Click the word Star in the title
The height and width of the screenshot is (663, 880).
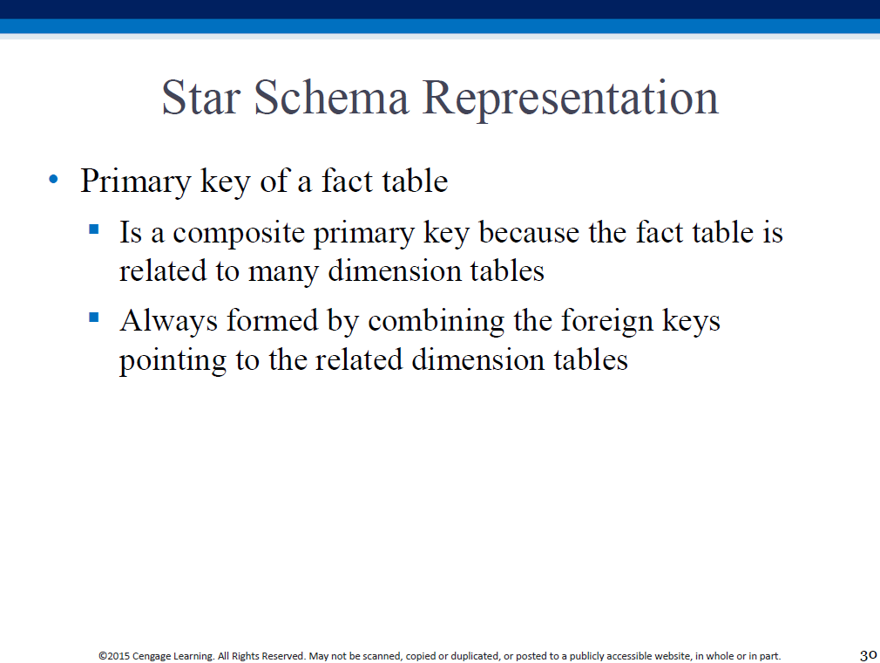pos(201,98)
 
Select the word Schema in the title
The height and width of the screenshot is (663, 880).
pos(331,97)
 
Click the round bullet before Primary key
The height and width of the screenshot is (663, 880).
pos(54,180)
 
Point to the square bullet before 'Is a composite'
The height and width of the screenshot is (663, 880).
pos(94,229)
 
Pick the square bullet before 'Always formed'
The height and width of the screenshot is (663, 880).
pos(94,318)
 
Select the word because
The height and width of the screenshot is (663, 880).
pos(529,233)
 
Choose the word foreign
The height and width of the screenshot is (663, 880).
pos(607,323)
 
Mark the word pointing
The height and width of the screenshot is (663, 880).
pos(173,361)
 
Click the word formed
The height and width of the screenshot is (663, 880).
pos(272,321)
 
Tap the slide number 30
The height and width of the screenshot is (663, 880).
pos(868,655)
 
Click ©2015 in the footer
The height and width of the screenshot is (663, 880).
pos(114,656)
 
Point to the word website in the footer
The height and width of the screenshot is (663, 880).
pos(673,656)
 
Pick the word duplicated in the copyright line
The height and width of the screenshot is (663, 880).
pos(476,656)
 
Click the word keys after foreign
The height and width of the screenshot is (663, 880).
pos(692,323)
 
